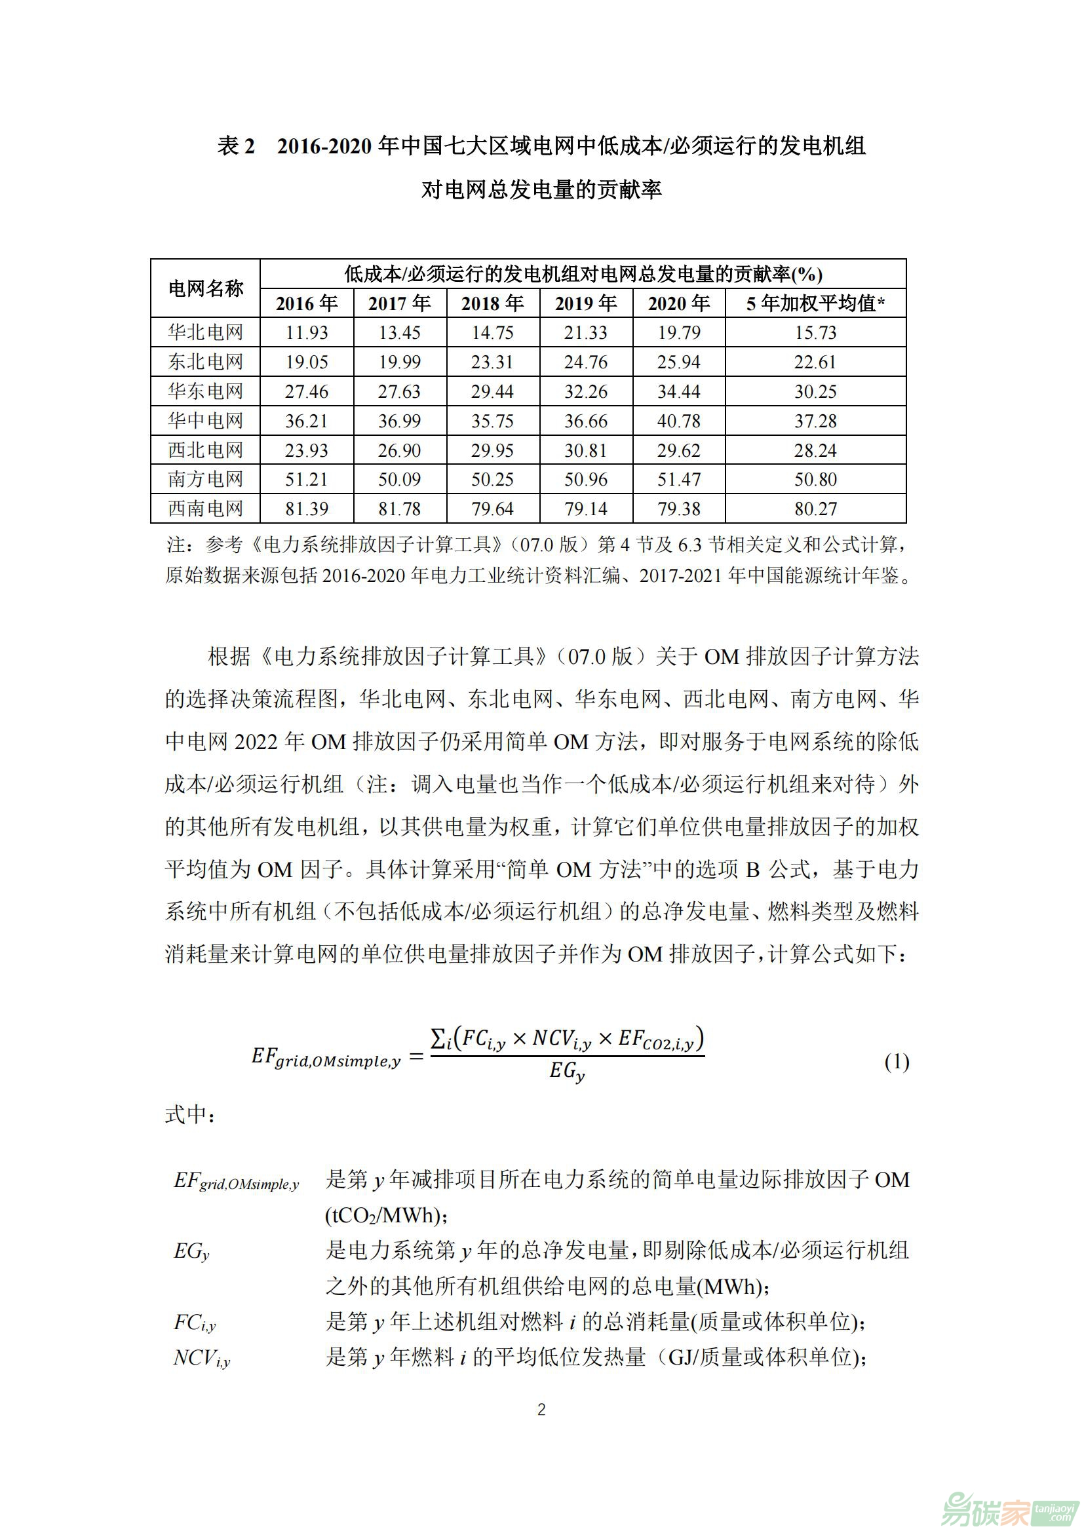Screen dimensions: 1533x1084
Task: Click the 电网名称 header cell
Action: (x=205, y=288)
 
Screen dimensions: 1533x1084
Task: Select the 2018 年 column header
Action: (x=492, y=304)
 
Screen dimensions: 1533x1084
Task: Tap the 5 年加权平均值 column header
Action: (x=815, y=304)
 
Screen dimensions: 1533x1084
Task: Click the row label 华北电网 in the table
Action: (x=205, y=332)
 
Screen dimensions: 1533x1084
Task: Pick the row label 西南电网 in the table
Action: (x=205, y=509)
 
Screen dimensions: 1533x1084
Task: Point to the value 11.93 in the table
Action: (x=306, y=332)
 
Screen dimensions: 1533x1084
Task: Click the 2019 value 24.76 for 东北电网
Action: (x=585, y=362)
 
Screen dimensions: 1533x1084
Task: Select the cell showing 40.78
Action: (x=678, y=421)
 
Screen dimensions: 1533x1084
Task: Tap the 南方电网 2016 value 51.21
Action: (x=306, y=479)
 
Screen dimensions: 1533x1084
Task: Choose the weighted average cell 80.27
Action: (x=815, y=509)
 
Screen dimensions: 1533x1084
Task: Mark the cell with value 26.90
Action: (x=399, y=450)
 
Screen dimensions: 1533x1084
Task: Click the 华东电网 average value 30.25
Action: (x=815, y=391)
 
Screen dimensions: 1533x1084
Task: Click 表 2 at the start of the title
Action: (x=237, y=146)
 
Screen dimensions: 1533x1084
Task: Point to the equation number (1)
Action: (x=897, y=1062)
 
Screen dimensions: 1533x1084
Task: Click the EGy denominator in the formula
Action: (x=567, y=1072)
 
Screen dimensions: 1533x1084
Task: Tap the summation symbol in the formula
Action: (x=438, y=1038)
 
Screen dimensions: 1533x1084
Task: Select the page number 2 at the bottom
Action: (x=541, y=1410)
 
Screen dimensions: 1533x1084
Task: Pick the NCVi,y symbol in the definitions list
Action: (x=202, y=1358)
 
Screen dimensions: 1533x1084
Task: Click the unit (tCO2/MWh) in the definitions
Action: (x=386, y=1216)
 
